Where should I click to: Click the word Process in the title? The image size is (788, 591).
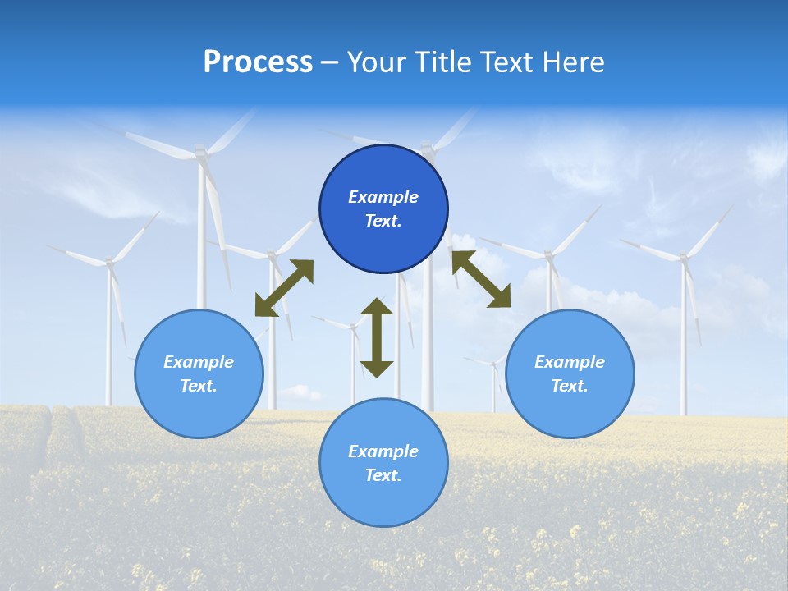258,62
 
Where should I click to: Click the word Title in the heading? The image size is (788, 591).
441,62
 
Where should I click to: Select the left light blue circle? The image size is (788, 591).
199,402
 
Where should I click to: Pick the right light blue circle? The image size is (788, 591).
570,402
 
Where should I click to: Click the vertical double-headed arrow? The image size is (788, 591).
377,337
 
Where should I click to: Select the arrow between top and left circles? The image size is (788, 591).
284,288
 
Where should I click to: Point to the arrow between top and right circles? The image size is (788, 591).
481,279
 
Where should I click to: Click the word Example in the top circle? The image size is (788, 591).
383,197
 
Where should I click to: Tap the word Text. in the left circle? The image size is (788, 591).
199,386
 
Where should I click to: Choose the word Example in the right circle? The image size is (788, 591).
570,362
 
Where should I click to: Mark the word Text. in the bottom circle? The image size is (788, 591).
383,475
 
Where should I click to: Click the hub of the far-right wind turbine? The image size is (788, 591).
682,258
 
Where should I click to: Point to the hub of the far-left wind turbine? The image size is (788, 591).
108,263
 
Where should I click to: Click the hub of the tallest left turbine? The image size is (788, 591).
199,150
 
